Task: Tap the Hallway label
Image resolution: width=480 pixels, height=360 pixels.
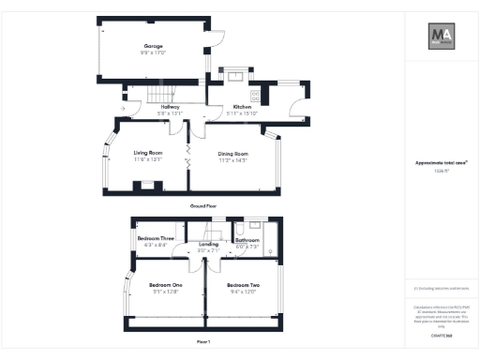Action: [x=171, y=108]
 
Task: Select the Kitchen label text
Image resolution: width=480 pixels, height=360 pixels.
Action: [x=243, y=108]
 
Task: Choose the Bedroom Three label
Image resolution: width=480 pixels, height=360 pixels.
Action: [x=156, y=239]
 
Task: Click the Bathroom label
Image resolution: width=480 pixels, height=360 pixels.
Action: [x=247, y=240]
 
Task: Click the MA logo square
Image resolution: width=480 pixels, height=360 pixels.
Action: [x=442, y=38]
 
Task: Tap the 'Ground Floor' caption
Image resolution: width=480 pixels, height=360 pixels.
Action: [x=204, y=204]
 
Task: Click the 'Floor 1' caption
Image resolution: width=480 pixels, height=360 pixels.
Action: [x=204, y=342]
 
